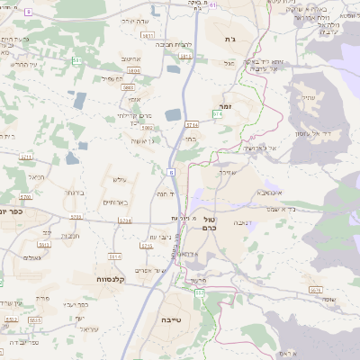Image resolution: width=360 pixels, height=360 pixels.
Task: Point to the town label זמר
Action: coord(227,105)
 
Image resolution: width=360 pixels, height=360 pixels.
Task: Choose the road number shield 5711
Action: coord(25,157)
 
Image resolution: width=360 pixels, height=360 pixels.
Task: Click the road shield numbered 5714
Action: coord(191,125)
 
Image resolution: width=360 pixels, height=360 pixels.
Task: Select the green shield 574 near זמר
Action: coord(217,115)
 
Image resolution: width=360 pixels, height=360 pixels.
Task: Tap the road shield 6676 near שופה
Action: coord(315,289)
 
